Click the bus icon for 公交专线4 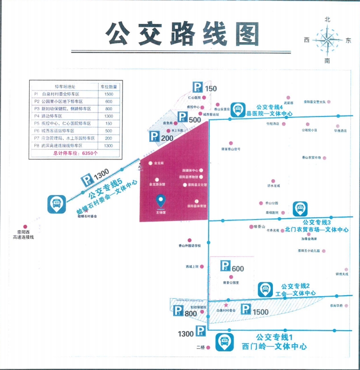(x=237, y=109)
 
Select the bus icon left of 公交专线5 (x=56, y=204)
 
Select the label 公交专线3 (x=317, y=222)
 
